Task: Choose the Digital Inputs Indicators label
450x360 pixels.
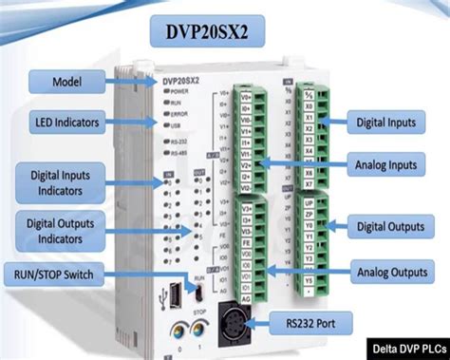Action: click(x=59, y=179)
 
